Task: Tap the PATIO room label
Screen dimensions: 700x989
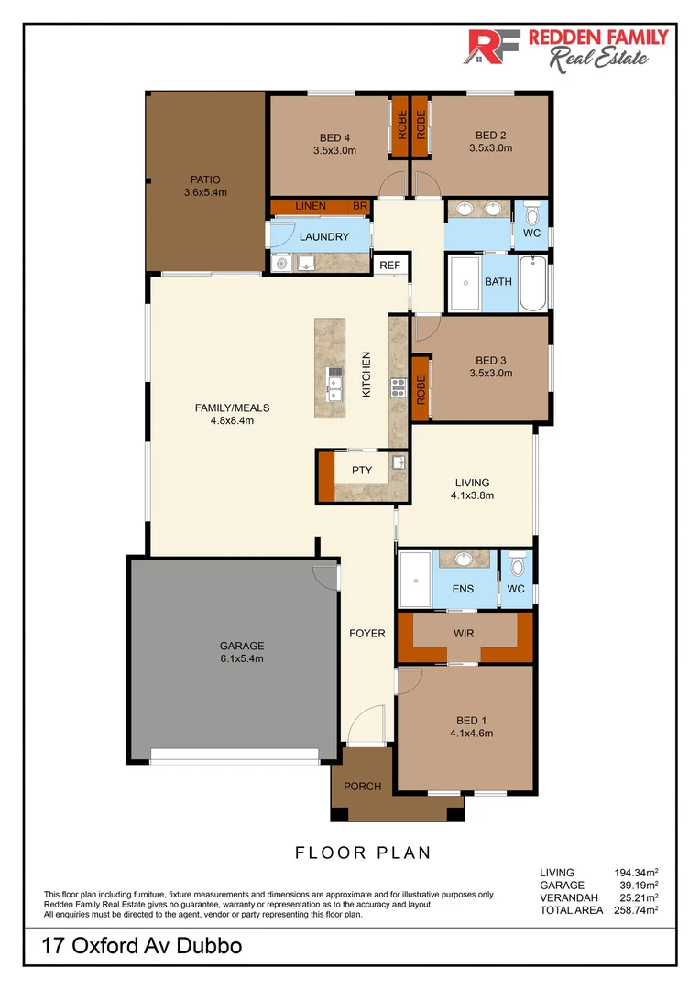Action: [x=205, y=179]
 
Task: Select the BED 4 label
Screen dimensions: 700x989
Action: [x=334, y=137]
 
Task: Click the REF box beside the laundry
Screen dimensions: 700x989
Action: [x=390, y=266]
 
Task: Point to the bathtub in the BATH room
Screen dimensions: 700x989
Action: [x=532, y=283]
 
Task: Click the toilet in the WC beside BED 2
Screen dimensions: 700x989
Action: [x=531, y=213]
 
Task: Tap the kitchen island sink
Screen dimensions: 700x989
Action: [x=334, y=385]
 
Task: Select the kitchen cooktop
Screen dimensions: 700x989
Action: [x=398, y=387]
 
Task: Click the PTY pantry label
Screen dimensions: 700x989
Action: [x=362, y=471]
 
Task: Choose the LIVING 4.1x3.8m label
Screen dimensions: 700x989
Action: [x=472, y=489]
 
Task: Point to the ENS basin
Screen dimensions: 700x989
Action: [x=464, y=559]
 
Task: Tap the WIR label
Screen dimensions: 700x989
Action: [x=464, y=634]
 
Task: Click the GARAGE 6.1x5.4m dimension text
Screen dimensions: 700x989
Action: [x=242, y=658]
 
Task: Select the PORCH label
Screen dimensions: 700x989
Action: [x=362, y=787]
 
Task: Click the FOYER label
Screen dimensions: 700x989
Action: [x=367, y=634]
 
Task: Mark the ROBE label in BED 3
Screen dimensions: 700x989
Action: [x=421, y=390]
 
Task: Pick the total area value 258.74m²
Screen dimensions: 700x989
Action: [x=636, y=909]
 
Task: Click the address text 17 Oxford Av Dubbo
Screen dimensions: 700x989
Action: [x=141, y=946]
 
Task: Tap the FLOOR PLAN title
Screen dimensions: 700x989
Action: [x=363, y=853]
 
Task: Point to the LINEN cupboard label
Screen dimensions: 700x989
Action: [x=311, y=206]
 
